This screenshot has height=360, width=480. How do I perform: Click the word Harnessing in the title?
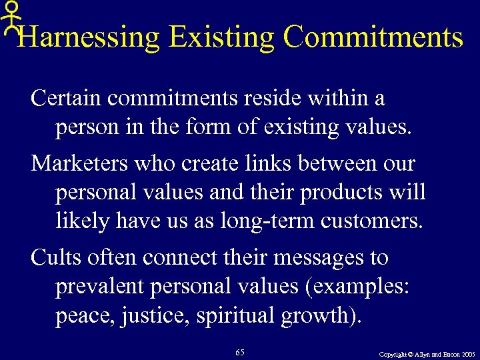89,37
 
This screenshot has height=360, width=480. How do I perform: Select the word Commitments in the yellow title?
373,37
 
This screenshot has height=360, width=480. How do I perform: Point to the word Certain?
66,99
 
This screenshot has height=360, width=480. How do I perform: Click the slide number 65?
240,351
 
